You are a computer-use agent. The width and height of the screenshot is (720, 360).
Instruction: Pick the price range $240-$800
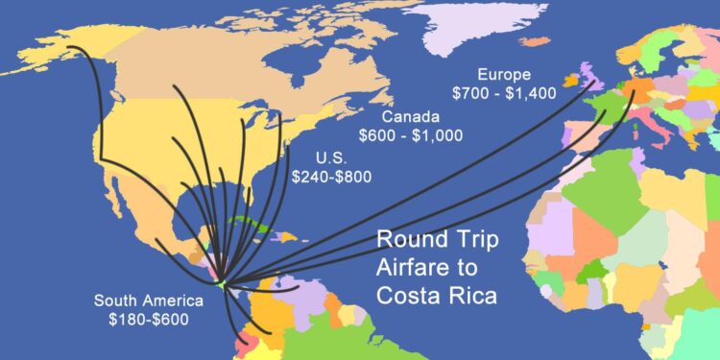332,176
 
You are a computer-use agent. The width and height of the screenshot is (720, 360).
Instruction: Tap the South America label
148,300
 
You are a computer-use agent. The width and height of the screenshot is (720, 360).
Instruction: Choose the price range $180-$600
148,319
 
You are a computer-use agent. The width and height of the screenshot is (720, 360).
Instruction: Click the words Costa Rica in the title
437,295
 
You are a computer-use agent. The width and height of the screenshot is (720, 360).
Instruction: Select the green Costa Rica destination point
221,283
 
